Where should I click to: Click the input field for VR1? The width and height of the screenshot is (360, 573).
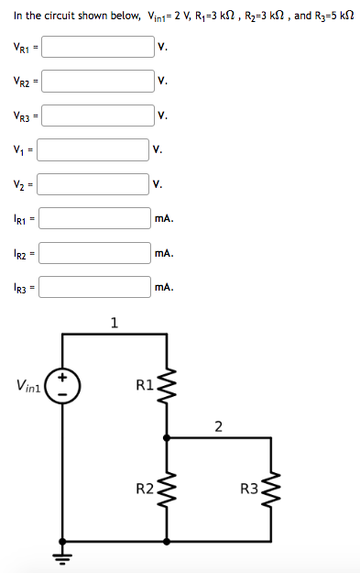click(97, 47)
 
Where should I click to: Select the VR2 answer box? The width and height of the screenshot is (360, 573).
click(97, 81)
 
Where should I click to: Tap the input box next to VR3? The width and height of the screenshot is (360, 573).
click(97, 116)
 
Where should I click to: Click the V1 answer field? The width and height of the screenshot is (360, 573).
click(92, 149)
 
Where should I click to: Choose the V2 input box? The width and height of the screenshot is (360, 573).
click(92, 183)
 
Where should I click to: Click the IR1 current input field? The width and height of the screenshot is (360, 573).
click(93, 218)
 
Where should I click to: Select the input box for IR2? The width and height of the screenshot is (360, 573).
click(93, 252)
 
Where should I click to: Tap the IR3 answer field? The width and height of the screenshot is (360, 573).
click(93, 286)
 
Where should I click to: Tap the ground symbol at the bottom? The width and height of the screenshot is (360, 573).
click(63, 555)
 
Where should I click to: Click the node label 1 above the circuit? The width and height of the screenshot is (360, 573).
click(114, 322)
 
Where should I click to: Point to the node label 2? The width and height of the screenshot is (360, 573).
click(218, 424)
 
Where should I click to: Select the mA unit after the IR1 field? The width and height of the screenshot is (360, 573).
click(164, 219)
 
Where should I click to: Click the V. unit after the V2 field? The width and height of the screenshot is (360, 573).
click(158, 184)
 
